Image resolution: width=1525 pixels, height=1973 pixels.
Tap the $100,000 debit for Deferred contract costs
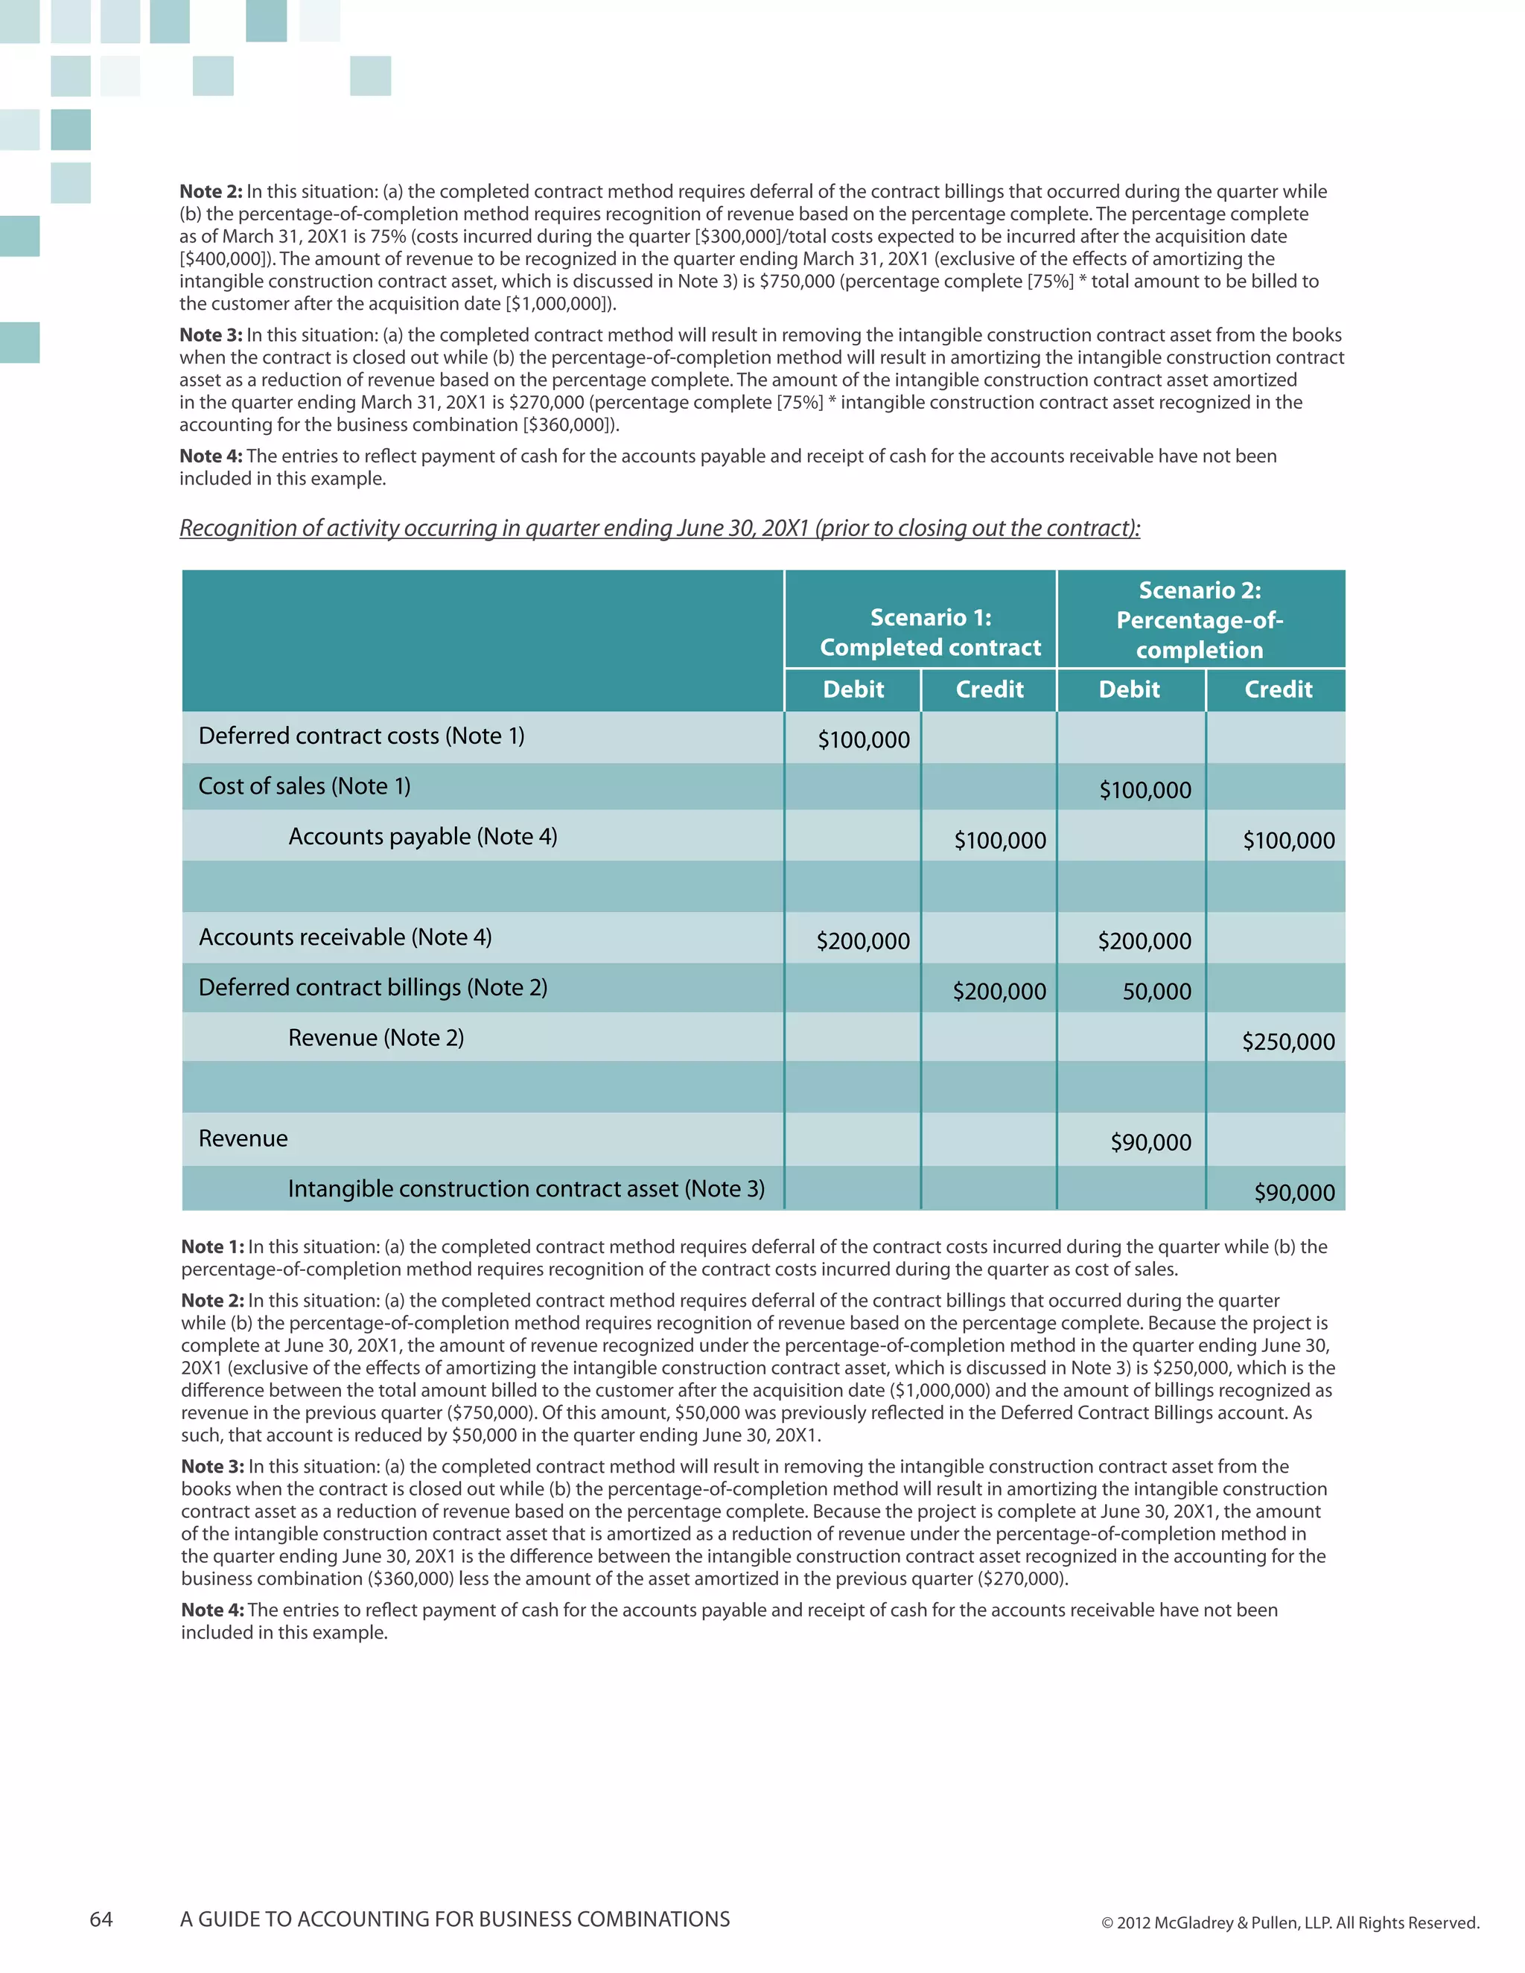tap(863, 740)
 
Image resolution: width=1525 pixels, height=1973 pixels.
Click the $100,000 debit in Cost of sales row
tap(1144, 791)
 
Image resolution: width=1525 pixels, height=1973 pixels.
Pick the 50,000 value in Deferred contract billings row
tap(1156, 992)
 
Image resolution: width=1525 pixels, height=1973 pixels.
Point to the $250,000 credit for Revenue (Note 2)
tap(1287, 1042)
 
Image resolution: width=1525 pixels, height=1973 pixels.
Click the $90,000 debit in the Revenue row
tap(1150, 1143)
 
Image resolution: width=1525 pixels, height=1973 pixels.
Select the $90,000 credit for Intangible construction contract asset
tap(1293, 1193)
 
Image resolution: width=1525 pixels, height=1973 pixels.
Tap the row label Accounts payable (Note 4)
tap(422, 837)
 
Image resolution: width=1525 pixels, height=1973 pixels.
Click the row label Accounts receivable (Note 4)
tap(344, 937)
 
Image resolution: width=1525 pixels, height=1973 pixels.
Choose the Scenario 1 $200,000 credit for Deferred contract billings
tap(999, 992)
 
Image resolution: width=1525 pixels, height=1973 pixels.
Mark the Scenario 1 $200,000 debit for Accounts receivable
tap(863, 941)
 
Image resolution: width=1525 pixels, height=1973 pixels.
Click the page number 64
tap(101, 1919)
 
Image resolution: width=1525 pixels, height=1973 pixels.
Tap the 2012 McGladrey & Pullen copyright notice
tap(1289, 1922)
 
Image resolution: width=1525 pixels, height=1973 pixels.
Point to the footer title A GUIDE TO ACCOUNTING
tap(454, 1919)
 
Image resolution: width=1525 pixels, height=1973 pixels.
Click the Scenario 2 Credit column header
tap(1278, 689)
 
